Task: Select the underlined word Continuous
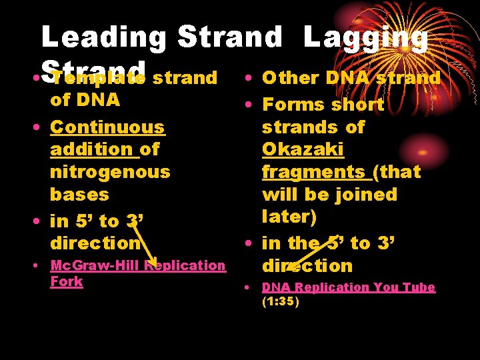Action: click(107, 127)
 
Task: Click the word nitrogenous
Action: click(110, 172)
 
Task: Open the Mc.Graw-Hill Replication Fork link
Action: click(137, 265)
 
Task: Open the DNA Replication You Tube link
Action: click(348, 287)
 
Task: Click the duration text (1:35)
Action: click(281, 301)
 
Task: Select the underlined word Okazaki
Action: click(303, 149)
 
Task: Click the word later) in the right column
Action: click(289, 217)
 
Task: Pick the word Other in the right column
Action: click(291, 78)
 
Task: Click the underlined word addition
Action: click(91, 149)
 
